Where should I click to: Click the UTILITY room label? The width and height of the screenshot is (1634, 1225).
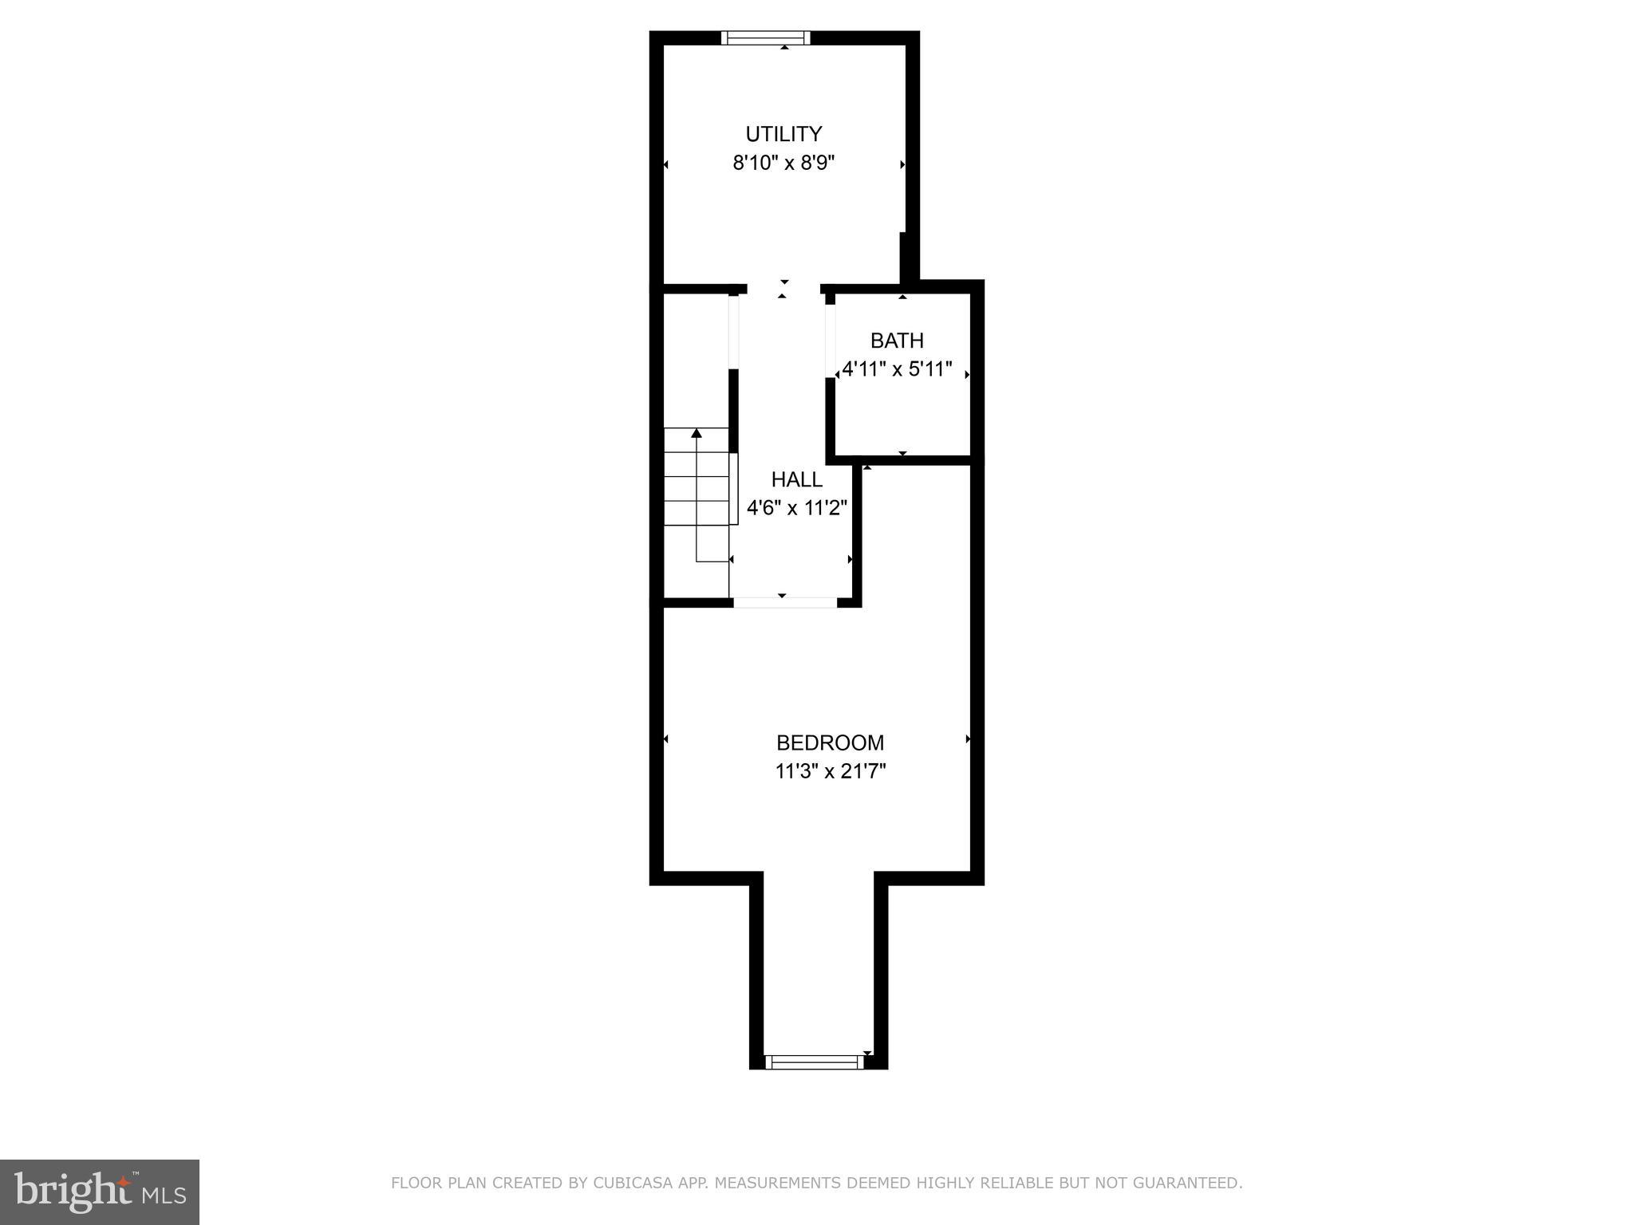[x=783, y=134]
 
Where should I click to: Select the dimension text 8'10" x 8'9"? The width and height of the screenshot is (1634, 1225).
[x=783, y=163]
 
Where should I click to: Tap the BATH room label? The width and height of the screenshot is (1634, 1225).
[x=897, y=341]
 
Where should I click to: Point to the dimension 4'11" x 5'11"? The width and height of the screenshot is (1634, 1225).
[x=897, y=369]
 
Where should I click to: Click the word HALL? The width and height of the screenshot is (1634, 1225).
[x=796, y=479]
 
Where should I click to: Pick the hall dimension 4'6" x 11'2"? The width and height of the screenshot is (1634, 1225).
[x=796, y=508]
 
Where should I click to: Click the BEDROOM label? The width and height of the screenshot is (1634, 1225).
[x=830, y=742]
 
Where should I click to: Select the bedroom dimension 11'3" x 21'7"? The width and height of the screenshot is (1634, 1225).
[x=830, y=771]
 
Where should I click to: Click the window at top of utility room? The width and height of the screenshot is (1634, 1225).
[x=765, y=37]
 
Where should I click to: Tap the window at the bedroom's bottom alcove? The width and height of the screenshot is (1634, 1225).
[x=814, y=1062]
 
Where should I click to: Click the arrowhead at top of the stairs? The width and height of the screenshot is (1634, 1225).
[x=697, y=433]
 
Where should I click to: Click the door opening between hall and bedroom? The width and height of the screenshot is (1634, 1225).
[x=784, y=603]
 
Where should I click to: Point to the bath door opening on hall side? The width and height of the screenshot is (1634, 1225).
[x=830, y=341]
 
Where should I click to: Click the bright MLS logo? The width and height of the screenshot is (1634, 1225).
[x=99, y=1192]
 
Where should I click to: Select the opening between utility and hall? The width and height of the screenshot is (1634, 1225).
[x=783, y=289]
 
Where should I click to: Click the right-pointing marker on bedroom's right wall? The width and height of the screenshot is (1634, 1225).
[x=969, y=739]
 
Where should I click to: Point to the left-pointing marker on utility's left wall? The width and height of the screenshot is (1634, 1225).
[x=666, y=165]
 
